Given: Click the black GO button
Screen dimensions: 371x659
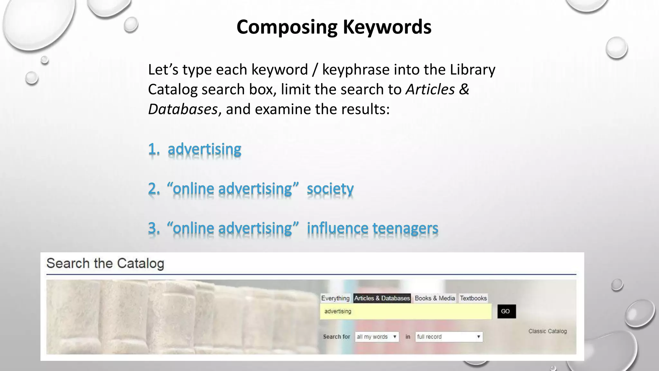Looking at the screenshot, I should [506, 311].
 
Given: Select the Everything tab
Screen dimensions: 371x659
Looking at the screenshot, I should [335, 298].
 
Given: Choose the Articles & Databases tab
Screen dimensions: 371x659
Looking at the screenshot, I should [382, 298].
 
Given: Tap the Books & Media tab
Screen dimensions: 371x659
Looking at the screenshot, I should [435, 298].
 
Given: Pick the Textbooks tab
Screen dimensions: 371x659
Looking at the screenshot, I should [473, 298].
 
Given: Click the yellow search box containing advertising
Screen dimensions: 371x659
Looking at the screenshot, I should [405, 311].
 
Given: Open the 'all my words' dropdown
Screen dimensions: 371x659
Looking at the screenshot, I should [377, 337].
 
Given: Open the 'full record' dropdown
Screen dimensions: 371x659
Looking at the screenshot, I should [449, 337].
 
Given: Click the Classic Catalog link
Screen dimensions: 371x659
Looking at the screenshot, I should [547, 331].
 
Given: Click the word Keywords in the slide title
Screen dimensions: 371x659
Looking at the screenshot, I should [387, 27].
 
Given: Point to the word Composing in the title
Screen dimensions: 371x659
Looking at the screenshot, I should [287, 27].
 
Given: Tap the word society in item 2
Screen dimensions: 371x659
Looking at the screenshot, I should [330, 189].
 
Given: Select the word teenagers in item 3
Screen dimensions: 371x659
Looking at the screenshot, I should [405, 228].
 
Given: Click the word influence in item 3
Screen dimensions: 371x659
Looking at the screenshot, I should [337, 228].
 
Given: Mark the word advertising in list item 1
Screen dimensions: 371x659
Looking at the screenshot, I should [204, 149].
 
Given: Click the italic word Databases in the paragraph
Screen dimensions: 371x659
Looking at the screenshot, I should [183, 109].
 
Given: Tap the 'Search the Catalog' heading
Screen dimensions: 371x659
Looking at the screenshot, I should [105, 263].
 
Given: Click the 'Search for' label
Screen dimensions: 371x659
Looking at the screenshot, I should [336, 337].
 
